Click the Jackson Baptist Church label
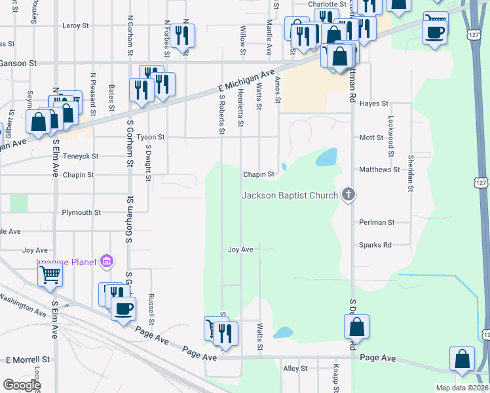tap(290, 195)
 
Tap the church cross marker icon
tap(349, 195)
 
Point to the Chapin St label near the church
tap(259, 175)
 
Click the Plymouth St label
tap(81, 213)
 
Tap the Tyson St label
tap(151, 138)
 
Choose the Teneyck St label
tap(81, 157)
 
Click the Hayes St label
tap(374, 103)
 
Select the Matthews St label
tap(379, 170)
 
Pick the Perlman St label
tap(377, 223)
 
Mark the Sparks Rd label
tap(375, 245)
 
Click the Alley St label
tap(295, 369)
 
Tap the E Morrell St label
tap(28, 360)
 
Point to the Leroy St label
tap(75, 26)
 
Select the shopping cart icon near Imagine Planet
tap(50, 275)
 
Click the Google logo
tap(22, 385)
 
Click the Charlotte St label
tap(326, 4)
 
